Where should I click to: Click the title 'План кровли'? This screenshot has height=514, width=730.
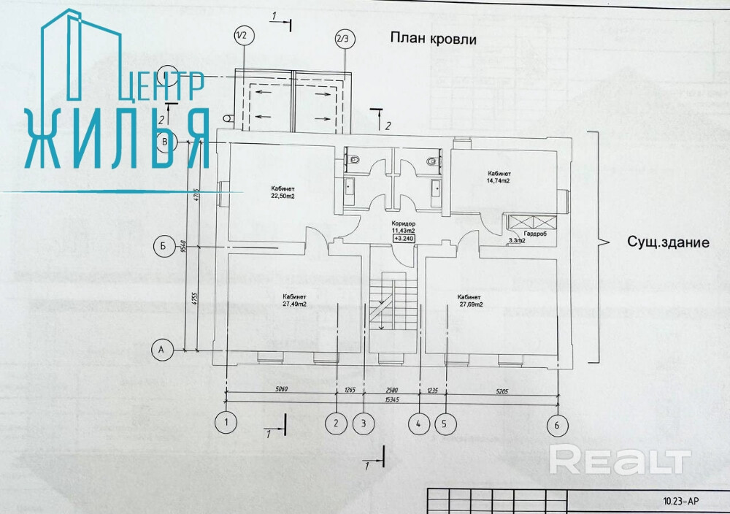pyautogui.click(x=433, y=39)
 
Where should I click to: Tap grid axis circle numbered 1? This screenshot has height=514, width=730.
pyautogui.click(x=227, y=422)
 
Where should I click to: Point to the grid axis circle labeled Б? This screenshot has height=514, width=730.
pyautogui.click(x=162, y=246)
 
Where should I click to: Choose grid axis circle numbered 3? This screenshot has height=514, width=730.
pyautogui.click(x=362, y=422)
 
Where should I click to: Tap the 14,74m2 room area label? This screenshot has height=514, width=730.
pyautogui.click(x=499, y=180)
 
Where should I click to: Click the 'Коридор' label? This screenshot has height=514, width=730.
pyautogui.click(x=403, y=223)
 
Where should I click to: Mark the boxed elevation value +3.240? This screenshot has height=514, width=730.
pyautogui.click(x=403, y=238)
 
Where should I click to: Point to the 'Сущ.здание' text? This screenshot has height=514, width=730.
pyautogui.click(x=668, y=242)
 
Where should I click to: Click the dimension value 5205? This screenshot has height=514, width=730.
pyautogui.click(x=501, y=391)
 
